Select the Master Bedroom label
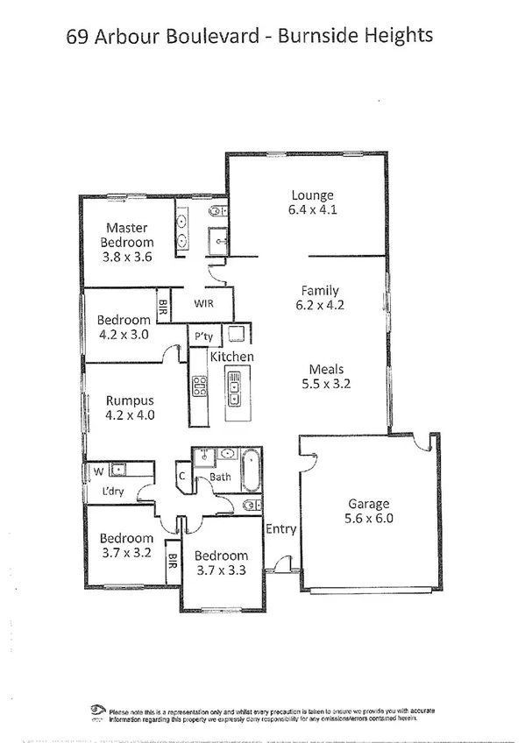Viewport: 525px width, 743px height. (126, 236)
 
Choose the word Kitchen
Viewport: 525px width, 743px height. (231, 357)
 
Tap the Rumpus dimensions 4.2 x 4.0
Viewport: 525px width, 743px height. (129, 415)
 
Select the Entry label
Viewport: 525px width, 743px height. (281, 529)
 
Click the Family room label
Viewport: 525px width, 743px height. (320, 291)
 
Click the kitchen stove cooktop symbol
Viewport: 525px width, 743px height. (199, 386)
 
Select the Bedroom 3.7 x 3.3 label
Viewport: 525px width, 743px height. (221, 563)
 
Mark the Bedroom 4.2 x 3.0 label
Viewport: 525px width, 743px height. (123, 327)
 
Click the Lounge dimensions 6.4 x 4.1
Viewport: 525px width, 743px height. (312, 210)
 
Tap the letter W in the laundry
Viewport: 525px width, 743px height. (98, 471)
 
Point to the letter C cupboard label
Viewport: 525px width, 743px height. (181, 478)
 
